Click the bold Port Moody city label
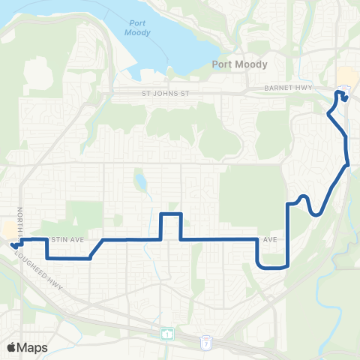pyautogui.click(x=239, y=64)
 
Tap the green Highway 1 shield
pyautogui.click(x=166, y=332)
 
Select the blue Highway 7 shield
pyautogui.click(x=208, y=342)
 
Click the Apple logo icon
pyautogui.click(x=11, y=347)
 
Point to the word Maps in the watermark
pyautogui.click(x=32, y=347)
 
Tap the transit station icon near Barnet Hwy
pyautogui.click(x=343, y=92)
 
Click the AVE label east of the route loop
pyautogui.click(x=271, y=240)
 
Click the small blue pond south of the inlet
pyautogui.click(x=140, y=182)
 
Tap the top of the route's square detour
pyautogui.click(x=171, y=214)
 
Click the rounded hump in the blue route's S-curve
pyautogui.click(x=303, y=198)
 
